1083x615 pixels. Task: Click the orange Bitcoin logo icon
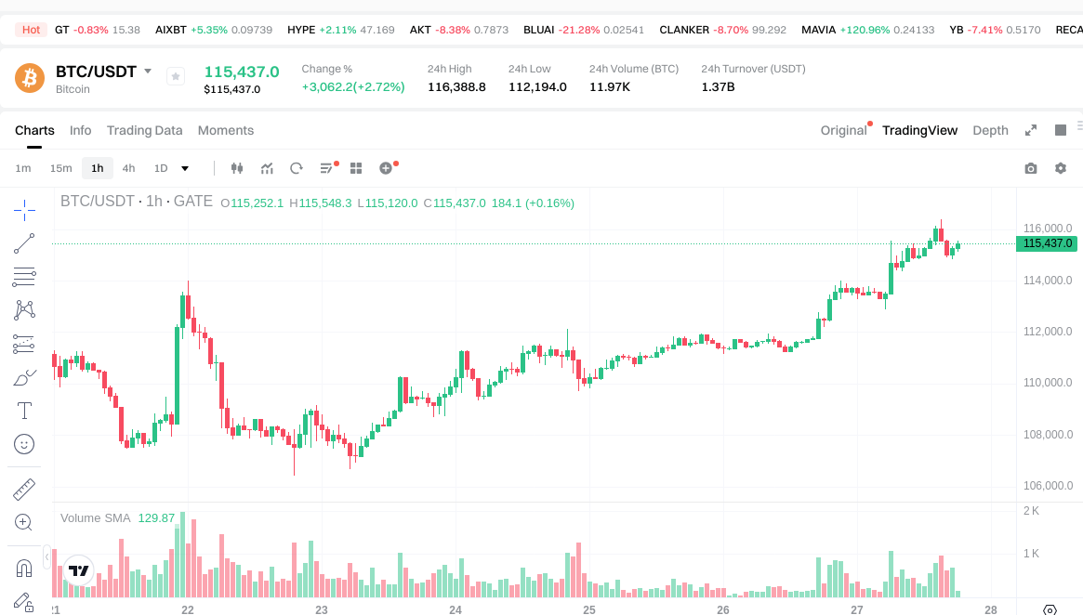click(x=30, y=77)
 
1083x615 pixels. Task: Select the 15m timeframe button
click(x=60, y=168)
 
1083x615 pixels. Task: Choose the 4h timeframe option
click(x=128, y=168)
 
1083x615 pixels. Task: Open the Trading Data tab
click(x=144, y=130)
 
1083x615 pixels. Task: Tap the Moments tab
click(x=226, y=130)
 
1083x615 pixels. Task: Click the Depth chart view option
click(x=990, y=130)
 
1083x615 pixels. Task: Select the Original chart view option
click(x=843, y=130)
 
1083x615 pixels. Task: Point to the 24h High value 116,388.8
click(x=456, y=87)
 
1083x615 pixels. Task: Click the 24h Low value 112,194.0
click(x=537, y=87)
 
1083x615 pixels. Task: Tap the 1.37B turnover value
click(x=718, y=87)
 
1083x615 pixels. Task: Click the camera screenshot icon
click(x=1030, y=168)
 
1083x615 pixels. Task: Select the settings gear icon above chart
click(x=1061, y=168)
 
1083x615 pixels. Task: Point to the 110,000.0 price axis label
click(x=1048, y=383)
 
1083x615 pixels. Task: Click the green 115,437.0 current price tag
click(x=1048, y=243)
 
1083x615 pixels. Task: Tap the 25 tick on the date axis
click(x=589, y=609)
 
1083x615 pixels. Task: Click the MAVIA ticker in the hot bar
click(x=819, y=30)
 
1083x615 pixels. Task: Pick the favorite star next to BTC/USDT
click(x=176, y=76)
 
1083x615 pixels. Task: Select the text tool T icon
click(x=24, y=411)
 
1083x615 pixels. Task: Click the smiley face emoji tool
click(x=24, y=445)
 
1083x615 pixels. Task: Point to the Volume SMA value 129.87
click(x=156, y=517)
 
